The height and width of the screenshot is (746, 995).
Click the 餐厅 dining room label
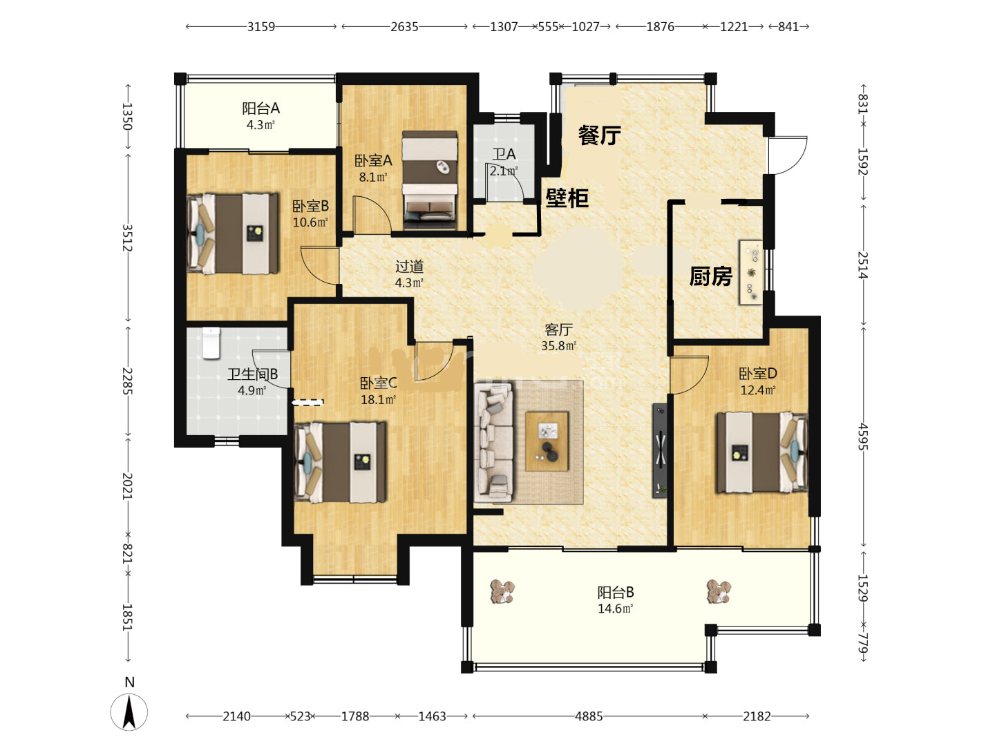599,135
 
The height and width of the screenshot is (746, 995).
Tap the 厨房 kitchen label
711,276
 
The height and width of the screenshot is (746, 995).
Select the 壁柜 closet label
567,198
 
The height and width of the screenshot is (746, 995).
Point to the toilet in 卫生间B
211,343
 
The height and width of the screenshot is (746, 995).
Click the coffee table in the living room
547,441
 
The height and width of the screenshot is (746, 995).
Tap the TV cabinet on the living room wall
660,450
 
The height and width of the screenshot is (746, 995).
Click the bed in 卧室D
762,452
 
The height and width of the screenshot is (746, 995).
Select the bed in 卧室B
233,233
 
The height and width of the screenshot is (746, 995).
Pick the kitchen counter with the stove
751,273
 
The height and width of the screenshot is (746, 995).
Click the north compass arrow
129,712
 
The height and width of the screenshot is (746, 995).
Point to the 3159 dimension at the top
261,27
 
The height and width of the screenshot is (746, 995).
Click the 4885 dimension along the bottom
589,716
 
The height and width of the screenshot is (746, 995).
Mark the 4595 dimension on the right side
862,437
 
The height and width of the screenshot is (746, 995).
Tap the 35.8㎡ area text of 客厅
558,346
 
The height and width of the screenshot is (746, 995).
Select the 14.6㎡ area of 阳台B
615,609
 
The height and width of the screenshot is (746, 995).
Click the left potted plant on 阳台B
502,591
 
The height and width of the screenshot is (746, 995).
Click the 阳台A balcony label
260,108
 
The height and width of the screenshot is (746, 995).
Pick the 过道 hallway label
409,267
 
